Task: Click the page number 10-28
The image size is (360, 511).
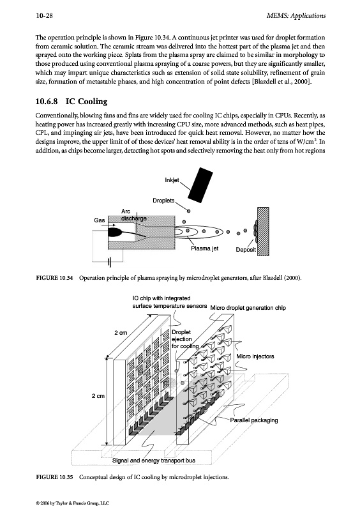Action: click(x=44, y=15)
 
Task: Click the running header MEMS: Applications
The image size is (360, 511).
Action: click(x=296, y=15)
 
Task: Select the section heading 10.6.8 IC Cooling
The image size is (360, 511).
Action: click(x=71, y=102)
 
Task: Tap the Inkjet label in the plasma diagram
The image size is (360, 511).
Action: click(x=172, y=180)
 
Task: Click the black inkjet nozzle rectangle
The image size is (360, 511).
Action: click(x=200, y=183)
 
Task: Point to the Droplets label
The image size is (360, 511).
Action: click(x=163, y=201)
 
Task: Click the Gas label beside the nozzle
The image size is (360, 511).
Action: click(x=100, y=220)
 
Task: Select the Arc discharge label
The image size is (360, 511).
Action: click(x=133, y=215)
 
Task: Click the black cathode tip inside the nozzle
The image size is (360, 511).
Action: click(x=115, y=232)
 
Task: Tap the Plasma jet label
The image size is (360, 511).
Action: click(x=205, y=248)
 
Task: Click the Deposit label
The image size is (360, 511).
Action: click(x=246, y=250)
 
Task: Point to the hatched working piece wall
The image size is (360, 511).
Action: click(x=263, y=231)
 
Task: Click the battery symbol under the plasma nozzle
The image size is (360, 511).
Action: click(x=110, y=261)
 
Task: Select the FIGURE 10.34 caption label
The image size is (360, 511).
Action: click(x=54, y=278)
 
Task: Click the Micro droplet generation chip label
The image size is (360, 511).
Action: click(x=248, y=308)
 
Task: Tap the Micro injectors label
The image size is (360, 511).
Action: click(x=255, y=356)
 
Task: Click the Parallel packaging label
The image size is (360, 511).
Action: click(x=254, y=420)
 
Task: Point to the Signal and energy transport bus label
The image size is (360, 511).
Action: click(x=154, y=461)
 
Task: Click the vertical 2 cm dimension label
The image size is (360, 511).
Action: click(x=98, y=396)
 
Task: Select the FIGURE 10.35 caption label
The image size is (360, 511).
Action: click(x=54, y=477)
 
